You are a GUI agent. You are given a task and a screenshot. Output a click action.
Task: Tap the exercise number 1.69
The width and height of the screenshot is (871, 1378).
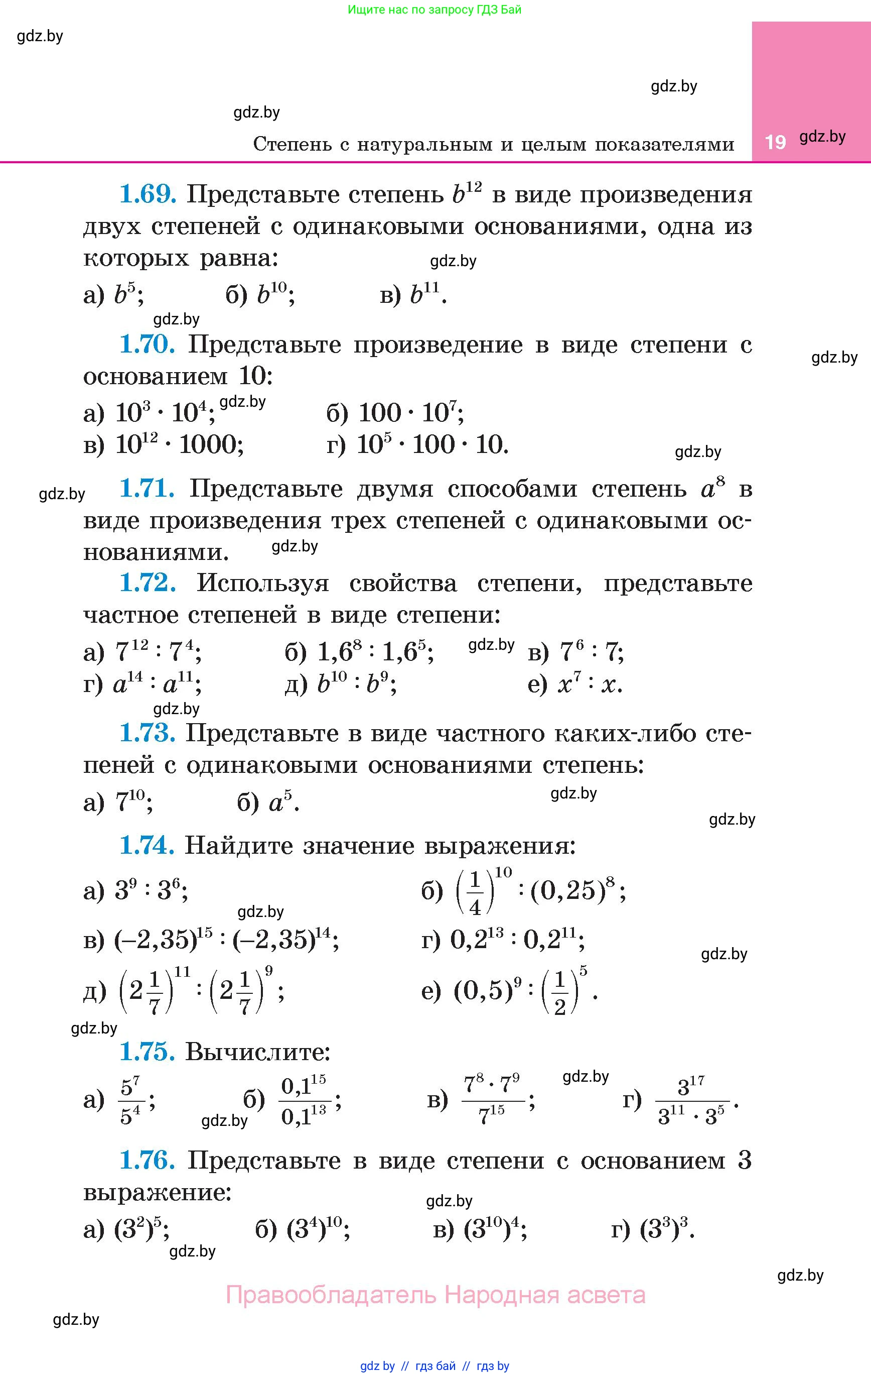(x=147, y=194)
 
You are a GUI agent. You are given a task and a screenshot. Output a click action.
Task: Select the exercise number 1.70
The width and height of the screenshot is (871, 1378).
(x=147, y=344)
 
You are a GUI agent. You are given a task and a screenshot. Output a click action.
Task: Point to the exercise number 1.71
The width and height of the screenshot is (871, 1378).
(x=147, y=488)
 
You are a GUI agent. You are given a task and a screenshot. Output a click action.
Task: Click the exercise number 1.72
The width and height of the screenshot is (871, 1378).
(x=147, y=583)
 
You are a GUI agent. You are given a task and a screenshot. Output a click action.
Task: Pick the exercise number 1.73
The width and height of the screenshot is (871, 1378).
(x=147, y=733)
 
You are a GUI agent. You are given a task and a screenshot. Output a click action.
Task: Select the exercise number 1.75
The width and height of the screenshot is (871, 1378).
(x=147, y=1051)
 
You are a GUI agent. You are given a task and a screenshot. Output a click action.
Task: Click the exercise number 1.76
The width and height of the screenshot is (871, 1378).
(x=147, y=1160)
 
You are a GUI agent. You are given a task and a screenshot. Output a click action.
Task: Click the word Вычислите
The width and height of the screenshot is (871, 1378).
(x=258, y=1052)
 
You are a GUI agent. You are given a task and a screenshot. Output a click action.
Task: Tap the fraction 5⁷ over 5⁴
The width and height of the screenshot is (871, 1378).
(x=131, y=1100)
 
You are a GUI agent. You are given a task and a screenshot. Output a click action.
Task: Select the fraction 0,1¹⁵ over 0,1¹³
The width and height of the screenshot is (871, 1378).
(x=304, y=1100)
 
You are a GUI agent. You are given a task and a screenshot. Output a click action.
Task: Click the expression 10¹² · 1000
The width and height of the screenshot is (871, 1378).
(x=180, y=444)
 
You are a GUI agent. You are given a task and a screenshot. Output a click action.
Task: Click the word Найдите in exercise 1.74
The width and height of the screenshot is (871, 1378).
(x=239, y=845)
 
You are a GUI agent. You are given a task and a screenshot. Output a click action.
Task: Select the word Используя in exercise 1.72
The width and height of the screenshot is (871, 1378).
(x=263, y=583)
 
